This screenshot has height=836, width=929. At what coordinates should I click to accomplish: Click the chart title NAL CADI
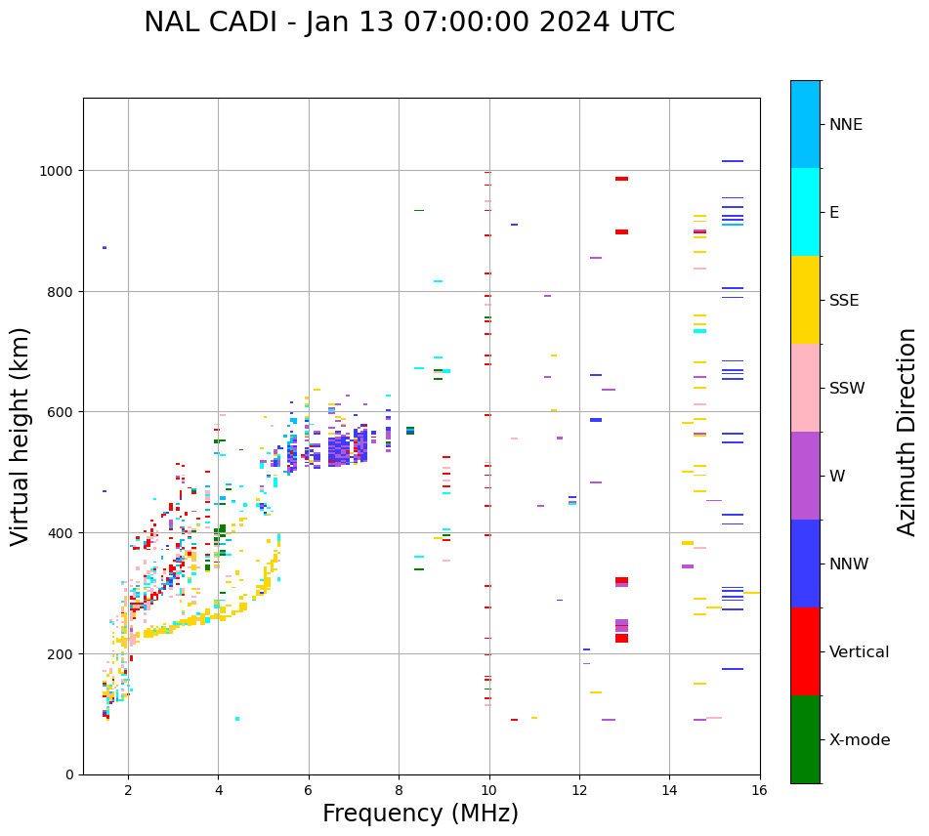(408, 22)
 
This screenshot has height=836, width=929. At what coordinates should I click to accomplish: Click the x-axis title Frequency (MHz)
(420, 814)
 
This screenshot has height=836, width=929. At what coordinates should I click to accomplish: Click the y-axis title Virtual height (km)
(21, 436)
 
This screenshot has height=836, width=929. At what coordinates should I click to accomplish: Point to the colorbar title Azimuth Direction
(908, 432)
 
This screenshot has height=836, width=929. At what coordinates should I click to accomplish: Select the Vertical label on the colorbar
(859, 652)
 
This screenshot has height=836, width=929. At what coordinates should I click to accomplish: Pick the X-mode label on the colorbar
(860, 740)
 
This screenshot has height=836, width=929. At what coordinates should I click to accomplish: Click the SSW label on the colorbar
(847, 389)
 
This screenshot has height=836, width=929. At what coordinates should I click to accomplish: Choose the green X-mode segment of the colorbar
(805, 739)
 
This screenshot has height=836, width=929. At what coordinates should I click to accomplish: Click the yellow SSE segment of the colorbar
(805, 300)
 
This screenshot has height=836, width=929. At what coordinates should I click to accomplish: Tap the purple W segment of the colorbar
(805, 476)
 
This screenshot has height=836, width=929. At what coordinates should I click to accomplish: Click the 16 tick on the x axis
(759, 792)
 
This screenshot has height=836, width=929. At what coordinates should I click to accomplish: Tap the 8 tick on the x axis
(399, 792)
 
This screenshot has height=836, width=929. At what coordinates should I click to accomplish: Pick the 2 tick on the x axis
(128, 792)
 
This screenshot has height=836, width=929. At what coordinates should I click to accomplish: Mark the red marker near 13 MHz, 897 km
(621, 232)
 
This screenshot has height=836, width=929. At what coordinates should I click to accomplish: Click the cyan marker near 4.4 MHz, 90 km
(237, 719)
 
